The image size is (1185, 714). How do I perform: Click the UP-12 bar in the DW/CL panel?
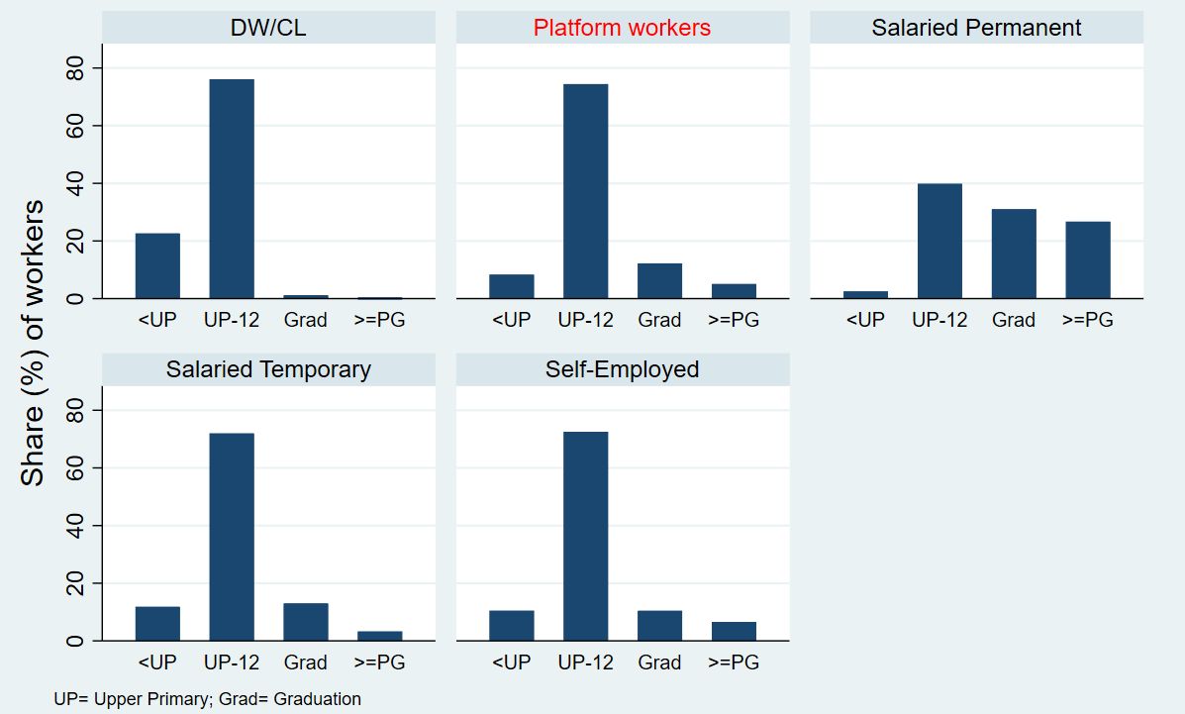tap(232, 188)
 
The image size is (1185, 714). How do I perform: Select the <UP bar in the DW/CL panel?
tap(157, 265)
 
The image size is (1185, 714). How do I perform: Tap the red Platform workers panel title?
tap(622, 28)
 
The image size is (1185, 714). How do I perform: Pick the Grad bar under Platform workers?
tap(659, 280)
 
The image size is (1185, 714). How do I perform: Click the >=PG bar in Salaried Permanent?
tap(1087, 259)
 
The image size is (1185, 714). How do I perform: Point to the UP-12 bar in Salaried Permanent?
tap(939, 241)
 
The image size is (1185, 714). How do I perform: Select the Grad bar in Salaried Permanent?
tap(1014, 254)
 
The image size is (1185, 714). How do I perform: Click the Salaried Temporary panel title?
tap(268, 369)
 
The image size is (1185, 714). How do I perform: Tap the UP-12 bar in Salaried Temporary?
tap(232, 537)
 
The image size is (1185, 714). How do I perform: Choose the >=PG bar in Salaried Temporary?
tap(379, 636)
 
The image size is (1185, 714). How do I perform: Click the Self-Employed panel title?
tap(622, 369)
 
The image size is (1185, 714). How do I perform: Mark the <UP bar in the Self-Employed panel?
tap(511, 626)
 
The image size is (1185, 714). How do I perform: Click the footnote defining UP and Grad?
tap(208, 699)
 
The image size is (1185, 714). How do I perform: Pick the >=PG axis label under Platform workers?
tap(734, 320)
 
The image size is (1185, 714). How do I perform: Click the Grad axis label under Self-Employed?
tap(659, 663)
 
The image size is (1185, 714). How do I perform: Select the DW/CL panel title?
tap(268, 28)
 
